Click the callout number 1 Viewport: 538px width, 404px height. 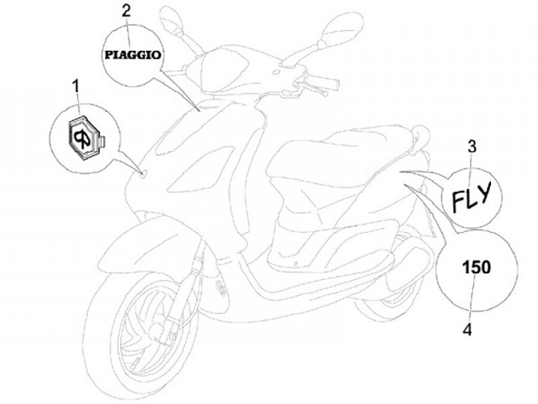[75, 89]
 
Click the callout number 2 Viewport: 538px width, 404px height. [126, 10]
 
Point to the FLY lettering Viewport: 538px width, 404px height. [471, 196]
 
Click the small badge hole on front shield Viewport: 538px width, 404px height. [143, 175]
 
